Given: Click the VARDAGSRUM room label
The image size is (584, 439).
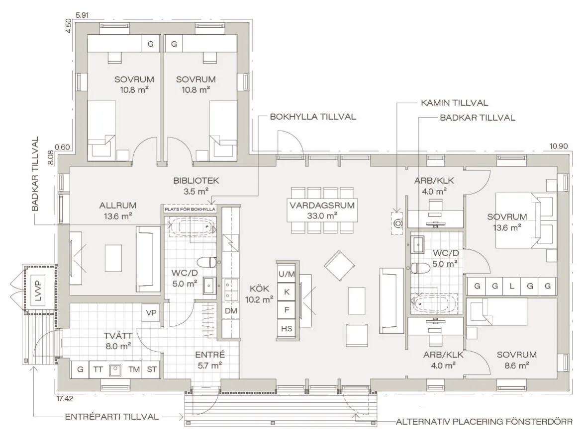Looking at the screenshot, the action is pyautogui.click(x=322, y=205).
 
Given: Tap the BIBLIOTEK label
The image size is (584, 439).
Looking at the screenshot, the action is pyautogui.click(x=196, y=181).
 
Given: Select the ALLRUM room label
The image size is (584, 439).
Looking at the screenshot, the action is pyautogui.click(x=118, y=205).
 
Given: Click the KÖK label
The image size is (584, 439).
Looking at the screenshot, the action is pyautogui.click(x=260, y=289).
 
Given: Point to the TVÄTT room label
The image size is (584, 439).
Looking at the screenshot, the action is pyautogui.click(x=118, y=336).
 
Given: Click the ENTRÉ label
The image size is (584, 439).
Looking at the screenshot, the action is pyautogui.click(x=210, y=355).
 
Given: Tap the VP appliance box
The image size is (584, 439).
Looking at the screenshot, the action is pyautogui.click(x=151, y=313).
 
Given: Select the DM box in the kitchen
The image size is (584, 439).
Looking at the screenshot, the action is pyautogui.click(x=231, y=311).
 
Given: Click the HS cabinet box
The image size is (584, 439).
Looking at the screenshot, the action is pyautogui.click(x=287, y=329).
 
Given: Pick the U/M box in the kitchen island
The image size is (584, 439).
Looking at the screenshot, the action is pyautogui.click(x=287, y=274).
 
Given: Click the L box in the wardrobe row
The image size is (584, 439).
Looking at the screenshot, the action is pyautogui.click(x=512, y=286).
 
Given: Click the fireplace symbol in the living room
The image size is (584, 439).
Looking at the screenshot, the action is pyautogui.click(x=397, y=223).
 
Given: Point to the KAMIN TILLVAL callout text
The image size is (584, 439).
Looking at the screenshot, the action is pyautogui.click(x=454, y=103).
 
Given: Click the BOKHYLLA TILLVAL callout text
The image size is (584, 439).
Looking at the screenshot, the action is pyautogui.click(x=313, y=117).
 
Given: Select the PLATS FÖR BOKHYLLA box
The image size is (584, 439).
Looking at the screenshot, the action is pyautogui.click(x=191, y=209).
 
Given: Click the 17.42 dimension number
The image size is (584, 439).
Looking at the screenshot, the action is pyautogui.click(x=65, y=399).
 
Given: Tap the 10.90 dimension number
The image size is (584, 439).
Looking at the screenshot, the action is pyautogui.click(x=559, y=146).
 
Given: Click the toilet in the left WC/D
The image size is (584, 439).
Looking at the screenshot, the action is pyautogui.click(x=207, y=262).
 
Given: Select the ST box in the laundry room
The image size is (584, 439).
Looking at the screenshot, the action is pyautogui.click(x=152, y=369).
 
